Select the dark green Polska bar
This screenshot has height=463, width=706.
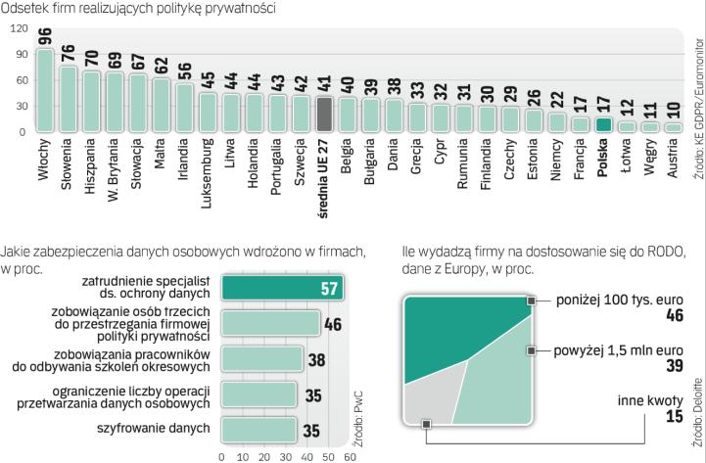[x=604, y=124]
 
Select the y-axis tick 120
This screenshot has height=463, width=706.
[x=19, y=29]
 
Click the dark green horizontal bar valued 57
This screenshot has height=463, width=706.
[x=281, y=288]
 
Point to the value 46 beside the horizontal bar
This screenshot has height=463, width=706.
[x=333, y=324]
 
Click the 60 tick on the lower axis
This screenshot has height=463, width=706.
[x=350, y=455]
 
